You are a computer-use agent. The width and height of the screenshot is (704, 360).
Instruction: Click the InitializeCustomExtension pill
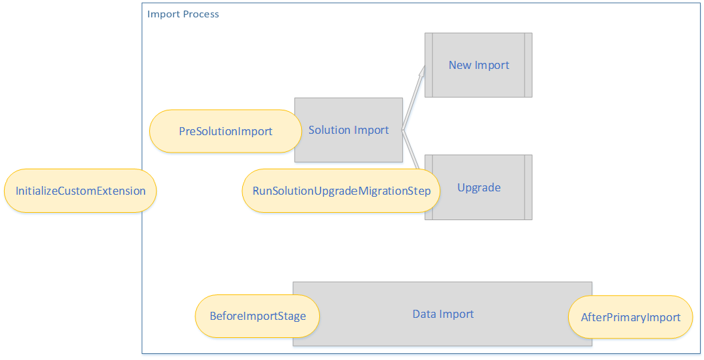pyautogui.click(x=80, y=191)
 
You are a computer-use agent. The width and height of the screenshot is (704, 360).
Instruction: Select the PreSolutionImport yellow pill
pyautogui.click(x=226, y=131)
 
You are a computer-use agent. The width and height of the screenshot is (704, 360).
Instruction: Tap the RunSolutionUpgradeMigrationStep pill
pyautogui.click(x=341, y=191)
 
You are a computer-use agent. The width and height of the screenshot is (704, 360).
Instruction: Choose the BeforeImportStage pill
pyautogui.click(x=258, y=316)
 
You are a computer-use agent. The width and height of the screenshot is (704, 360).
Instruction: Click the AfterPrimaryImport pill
pyautogui.click(x=630, y=317)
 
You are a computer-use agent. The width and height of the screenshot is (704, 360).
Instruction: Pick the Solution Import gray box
pyautogui.click(x=349, y=130)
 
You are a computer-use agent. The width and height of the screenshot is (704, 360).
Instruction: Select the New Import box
pyautogui.click(x=478, y=65)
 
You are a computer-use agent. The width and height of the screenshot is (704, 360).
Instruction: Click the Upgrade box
pyautogui.click(x=479, y=187)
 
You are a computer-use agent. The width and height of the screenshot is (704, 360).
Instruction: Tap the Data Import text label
pyautogui.click(x=443, y=314)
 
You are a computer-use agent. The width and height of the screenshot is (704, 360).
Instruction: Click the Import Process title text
pyautogui.click(x=183, y=14)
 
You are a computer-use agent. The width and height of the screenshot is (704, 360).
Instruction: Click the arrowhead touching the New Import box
pyautogui.click(x=422, y=71)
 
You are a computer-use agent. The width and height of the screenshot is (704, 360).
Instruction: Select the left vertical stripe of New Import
pyautogui.click(x=429, y=65)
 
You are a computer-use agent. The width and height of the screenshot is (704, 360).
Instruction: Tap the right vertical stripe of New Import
pyautogui.click(x=529, y=65)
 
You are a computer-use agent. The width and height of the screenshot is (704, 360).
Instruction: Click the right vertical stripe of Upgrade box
pyautogui.click(x=529, y=187)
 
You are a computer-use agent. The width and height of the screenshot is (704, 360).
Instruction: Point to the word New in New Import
pyautogui.click(x=459, y=65)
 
